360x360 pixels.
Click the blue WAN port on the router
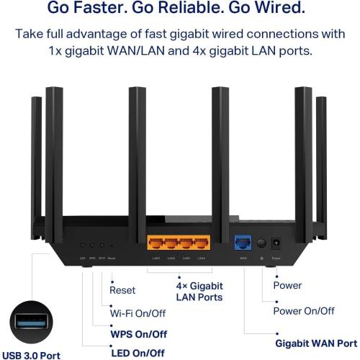[x=242, y=243]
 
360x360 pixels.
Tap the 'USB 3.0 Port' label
[x=31, y=354]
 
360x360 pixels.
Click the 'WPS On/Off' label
[x=138, y=334]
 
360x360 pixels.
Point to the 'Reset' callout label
[x=122, y=291]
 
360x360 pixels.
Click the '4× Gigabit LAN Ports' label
[x=199, y=292]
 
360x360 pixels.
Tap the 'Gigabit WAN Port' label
[x=316, y=343]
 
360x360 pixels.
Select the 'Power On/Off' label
[x=304, y=311]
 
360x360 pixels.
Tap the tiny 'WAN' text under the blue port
[x=242, y=258]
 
